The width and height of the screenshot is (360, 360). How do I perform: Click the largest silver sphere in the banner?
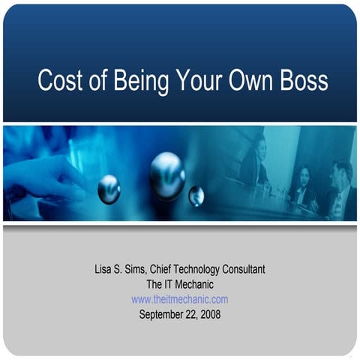click(x=166, y=175)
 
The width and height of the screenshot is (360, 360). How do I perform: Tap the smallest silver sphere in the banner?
click(x=196, y=196)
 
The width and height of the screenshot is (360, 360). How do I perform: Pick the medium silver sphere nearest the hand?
click(x=109, y=189)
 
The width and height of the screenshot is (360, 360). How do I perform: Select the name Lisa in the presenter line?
click(x=104, y=269)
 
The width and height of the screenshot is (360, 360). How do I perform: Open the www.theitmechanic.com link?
click(x=180, y=299)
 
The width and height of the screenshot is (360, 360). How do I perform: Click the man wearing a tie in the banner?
click(x=339, y=191)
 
